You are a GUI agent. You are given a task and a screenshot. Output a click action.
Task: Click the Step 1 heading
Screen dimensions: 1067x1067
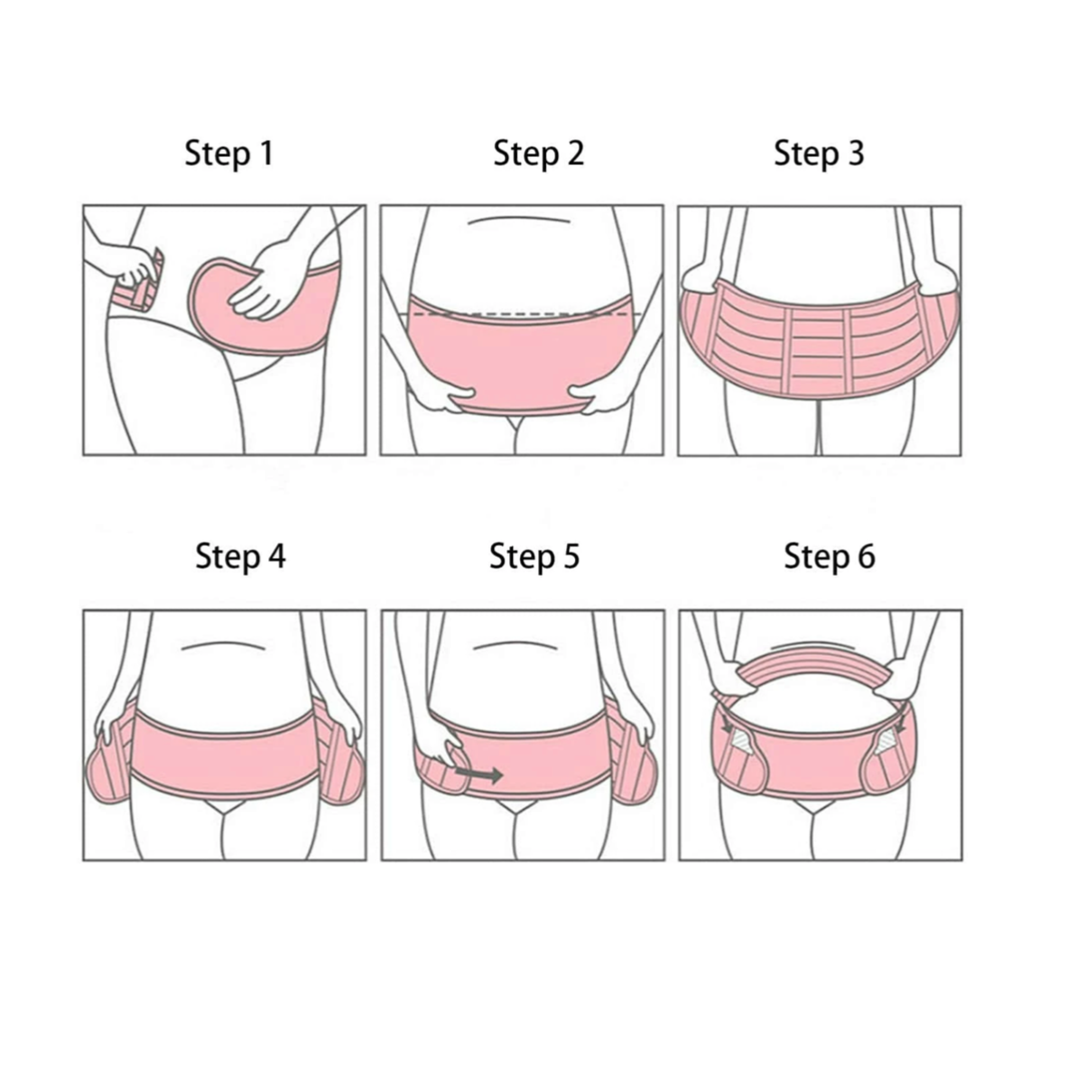[228, 153]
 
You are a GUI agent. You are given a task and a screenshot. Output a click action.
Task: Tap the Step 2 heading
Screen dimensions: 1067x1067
[538, 153]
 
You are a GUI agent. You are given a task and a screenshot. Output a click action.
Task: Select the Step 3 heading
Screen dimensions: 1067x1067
[819, 153]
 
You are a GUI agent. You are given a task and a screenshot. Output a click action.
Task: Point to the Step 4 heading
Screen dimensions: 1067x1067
[240, 557]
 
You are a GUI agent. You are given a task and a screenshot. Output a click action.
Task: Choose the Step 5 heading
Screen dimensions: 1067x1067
[534, 557]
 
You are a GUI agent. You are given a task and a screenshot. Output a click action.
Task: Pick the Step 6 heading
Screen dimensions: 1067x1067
[829, 557]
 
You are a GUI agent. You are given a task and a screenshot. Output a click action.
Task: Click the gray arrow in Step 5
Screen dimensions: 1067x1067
[479, 775]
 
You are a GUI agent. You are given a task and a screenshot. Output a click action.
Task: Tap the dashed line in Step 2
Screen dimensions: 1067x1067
[524, 314]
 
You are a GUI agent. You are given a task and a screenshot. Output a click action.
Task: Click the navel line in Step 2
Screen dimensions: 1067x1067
[518, 219]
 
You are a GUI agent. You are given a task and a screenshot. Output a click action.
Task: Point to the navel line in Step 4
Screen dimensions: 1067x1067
[223, 645]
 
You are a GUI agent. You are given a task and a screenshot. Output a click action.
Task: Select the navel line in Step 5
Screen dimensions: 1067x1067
[515, 645]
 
